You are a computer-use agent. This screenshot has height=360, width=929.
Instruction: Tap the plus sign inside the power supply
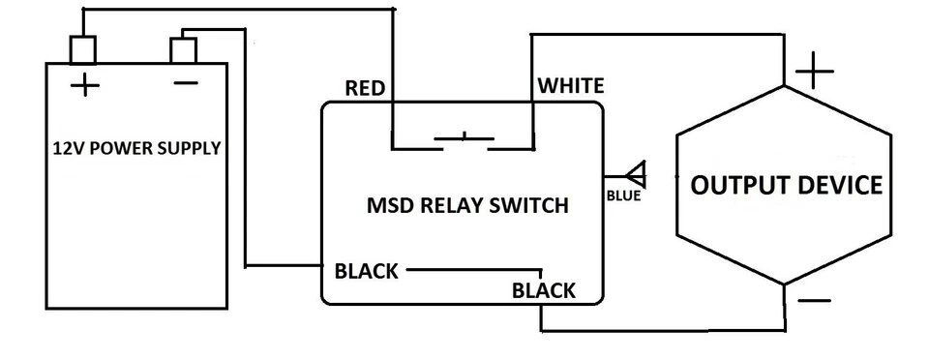(85, 86)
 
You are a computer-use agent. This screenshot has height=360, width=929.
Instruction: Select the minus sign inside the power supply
(184, 84)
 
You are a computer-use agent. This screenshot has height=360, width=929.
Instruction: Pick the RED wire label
(365, 89)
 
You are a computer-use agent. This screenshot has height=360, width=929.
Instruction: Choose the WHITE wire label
(571, 86)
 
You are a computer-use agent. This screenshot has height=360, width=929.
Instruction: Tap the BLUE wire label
(624, 196)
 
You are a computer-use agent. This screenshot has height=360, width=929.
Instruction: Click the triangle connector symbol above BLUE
(636, 176)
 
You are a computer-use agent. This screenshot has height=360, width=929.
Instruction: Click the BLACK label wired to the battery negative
(366, 271)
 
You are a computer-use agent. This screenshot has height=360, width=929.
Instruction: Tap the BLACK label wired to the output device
(544, 290)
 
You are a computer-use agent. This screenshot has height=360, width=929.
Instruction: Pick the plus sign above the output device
(814, 73)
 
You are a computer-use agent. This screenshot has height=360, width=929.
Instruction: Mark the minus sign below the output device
(814, 301)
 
